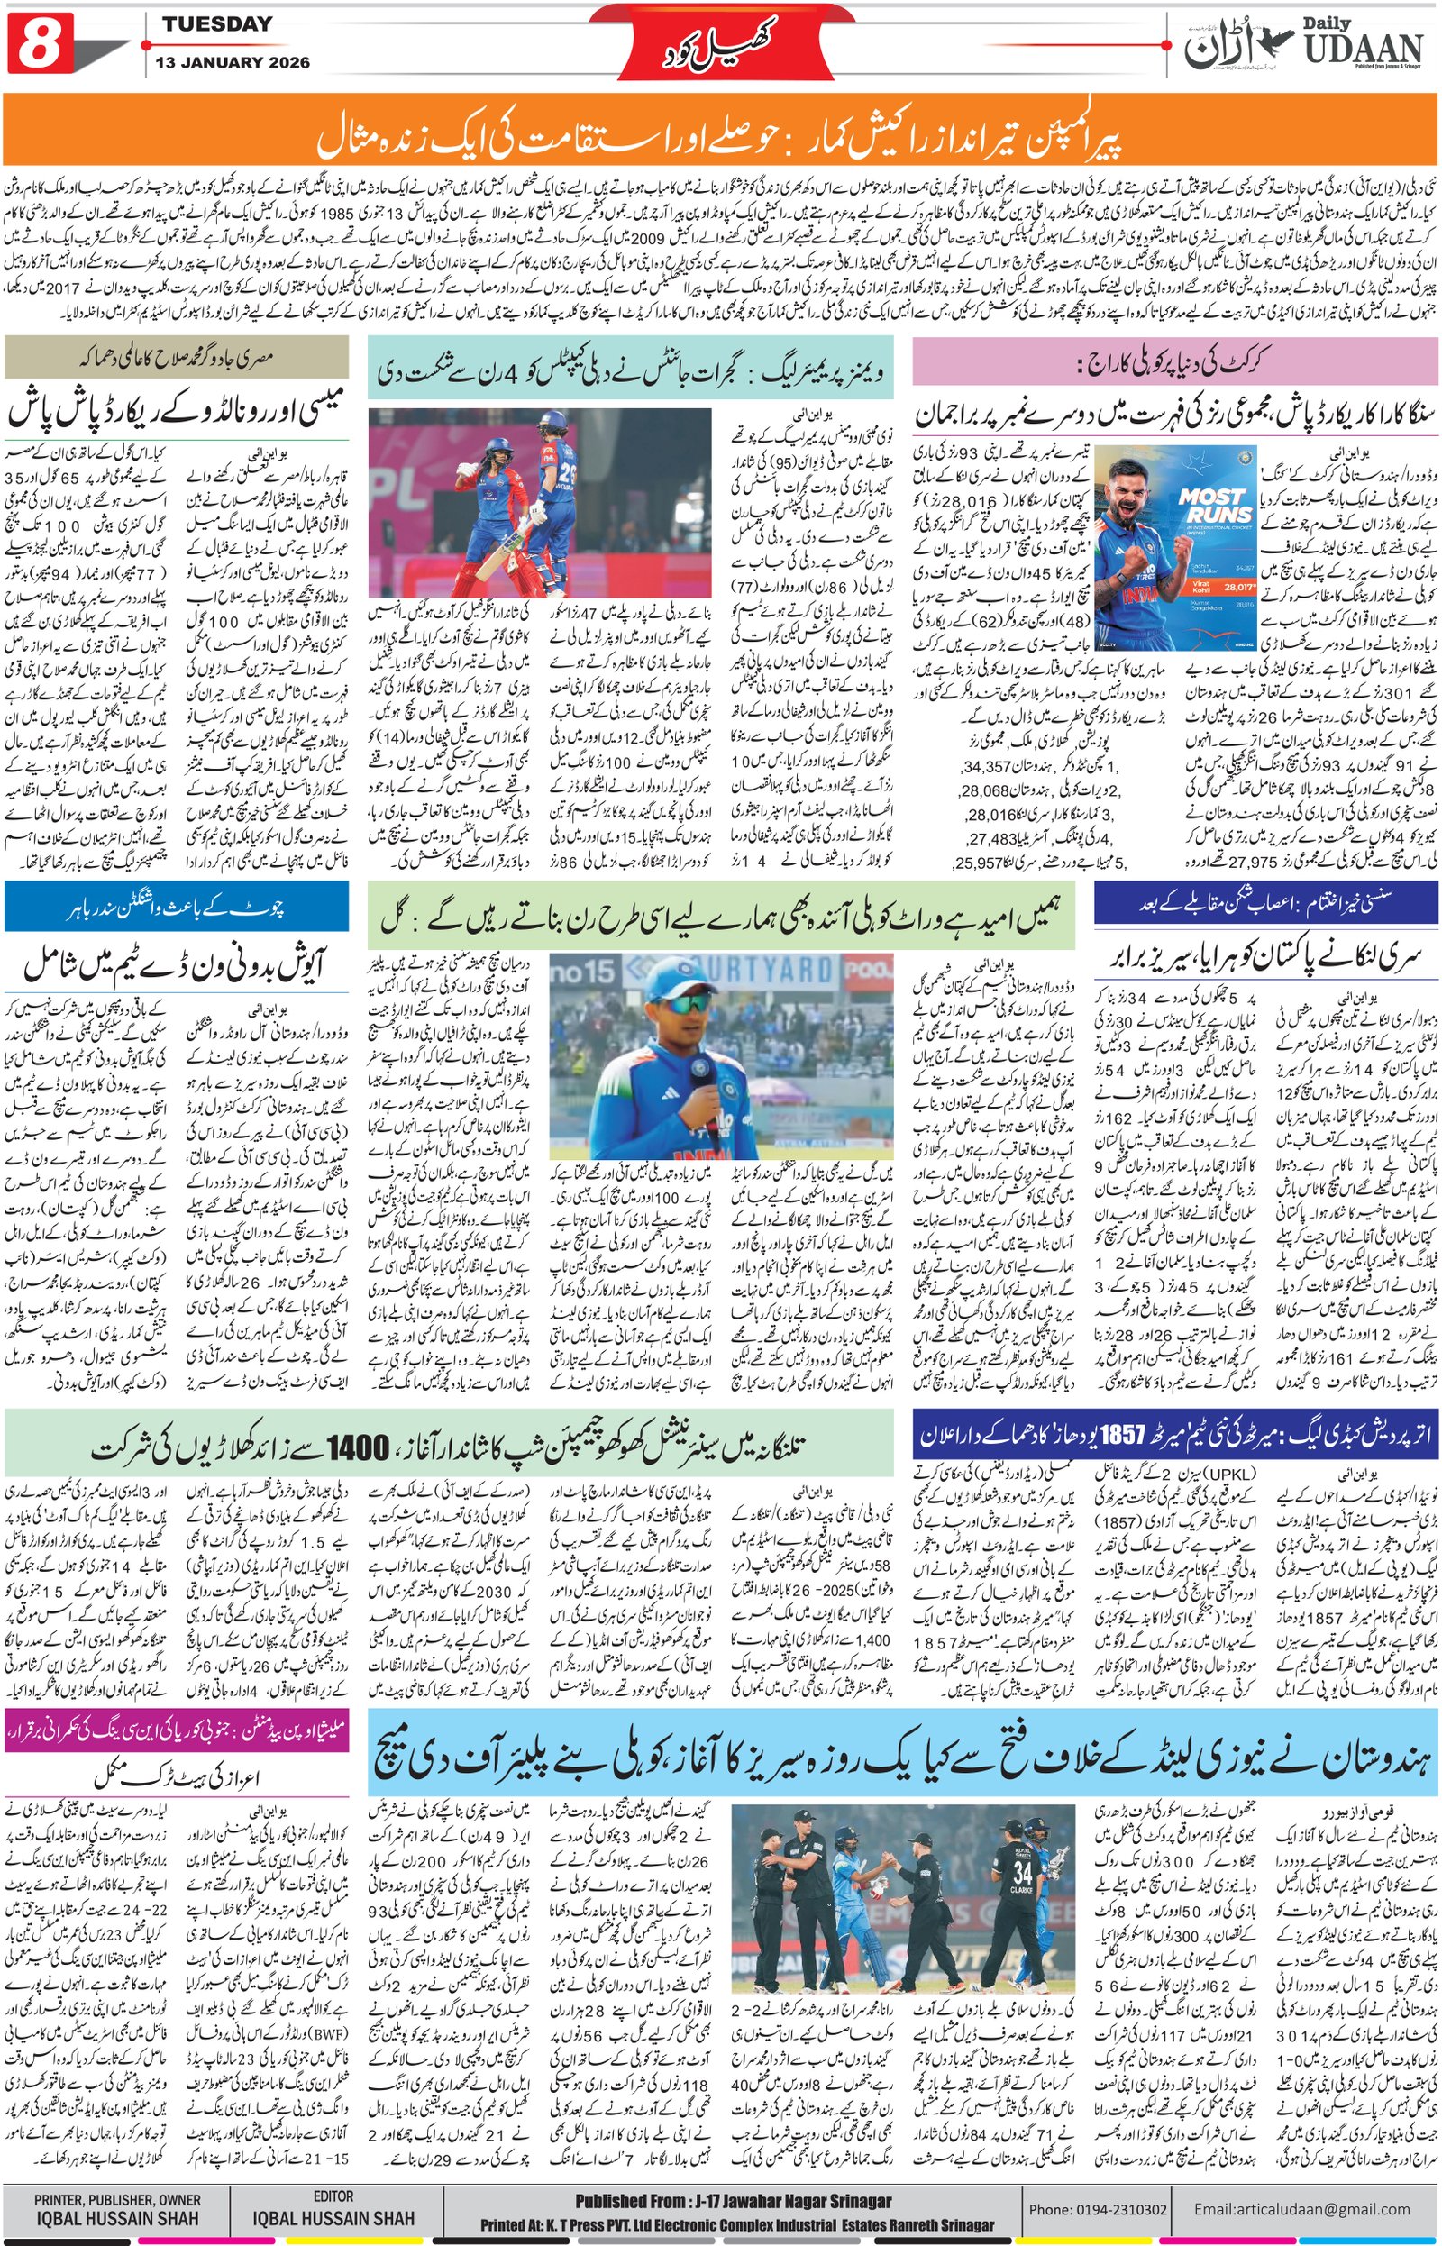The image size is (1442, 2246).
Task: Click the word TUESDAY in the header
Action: (217, 24)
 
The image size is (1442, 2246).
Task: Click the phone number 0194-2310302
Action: (1110, 2202)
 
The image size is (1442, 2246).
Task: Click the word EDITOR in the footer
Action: (333, 2189)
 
